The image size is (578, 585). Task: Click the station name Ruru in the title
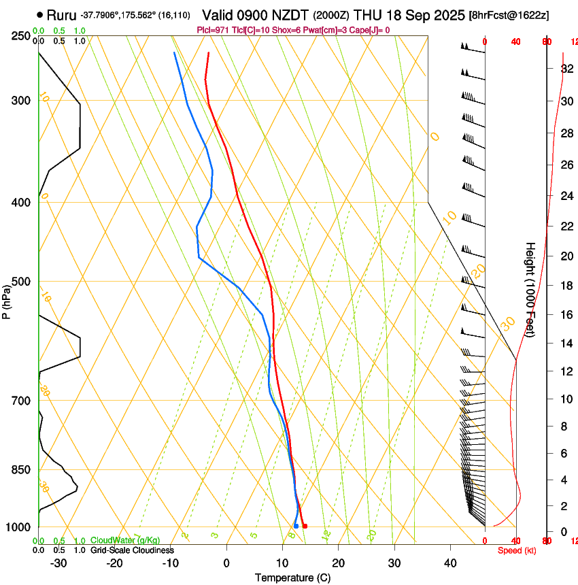point(62,14)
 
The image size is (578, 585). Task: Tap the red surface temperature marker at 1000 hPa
point(305,526)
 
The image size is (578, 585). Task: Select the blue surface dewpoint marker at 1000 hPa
point(296,526)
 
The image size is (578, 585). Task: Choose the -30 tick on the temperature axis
point(58,563)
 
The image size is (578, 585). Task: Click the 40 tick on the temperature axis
point(450,563)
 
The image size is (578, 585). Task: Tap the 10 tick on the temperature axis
point(282,563)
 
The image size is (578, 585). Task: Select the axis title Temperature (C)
point(292,578)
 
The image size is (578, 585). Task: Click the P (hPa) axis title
point(6,301)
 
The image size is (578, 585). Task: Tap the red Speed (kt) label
point(517,550)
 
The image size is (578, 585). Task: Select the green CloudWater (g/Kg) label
point(125,541)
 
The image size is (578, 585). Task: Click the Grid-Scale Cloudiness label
point(132,550)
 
